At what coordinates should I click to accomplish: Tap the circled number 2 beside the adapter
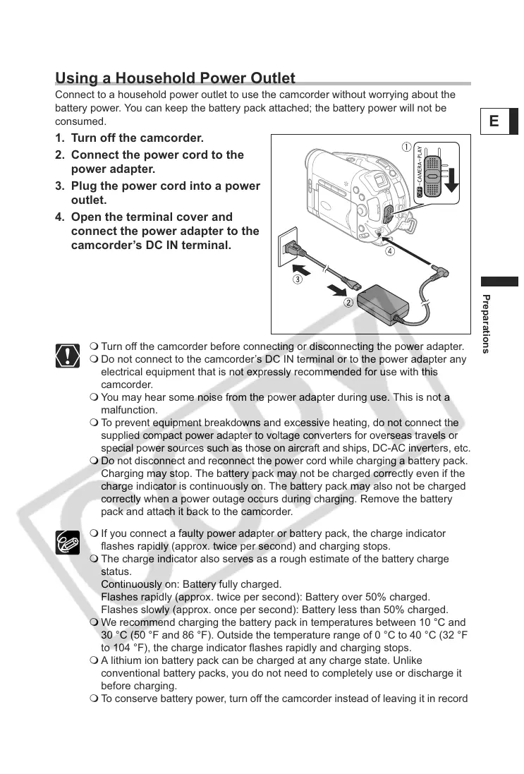click(348, 303)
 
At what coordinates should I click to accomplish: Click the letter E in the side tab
click(494, 121)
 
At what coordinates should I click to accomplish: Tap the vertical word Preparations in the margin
click(486, 322)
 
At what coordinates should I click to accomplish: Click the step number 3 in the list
click(59, 186)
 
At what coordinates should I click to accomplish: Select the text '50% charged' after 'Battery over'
click(401, 597)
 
